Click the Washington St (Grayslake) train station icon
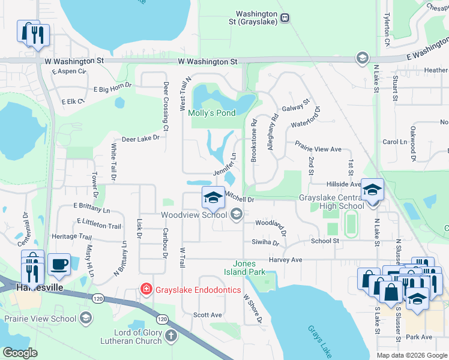coord(285,17)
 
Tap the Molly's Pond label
coord(211,113)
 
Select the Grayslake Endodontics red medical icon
coord(145,289)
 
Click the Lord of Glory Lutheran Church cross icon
coord(170,335)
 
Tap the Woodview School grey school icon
coord(236,214)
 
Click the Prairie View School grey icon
coord(86,319)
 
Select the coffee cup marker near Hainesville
coord(59,265)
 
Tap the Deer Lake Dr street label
coord(140,138)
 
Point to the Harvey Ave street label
coord(285,260)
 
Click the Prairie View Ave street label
coord(318,149)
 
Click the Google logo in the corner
coord(20,353)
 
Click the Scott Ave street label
coord(207,314)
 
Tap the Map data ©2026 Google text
coord(411,355)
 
